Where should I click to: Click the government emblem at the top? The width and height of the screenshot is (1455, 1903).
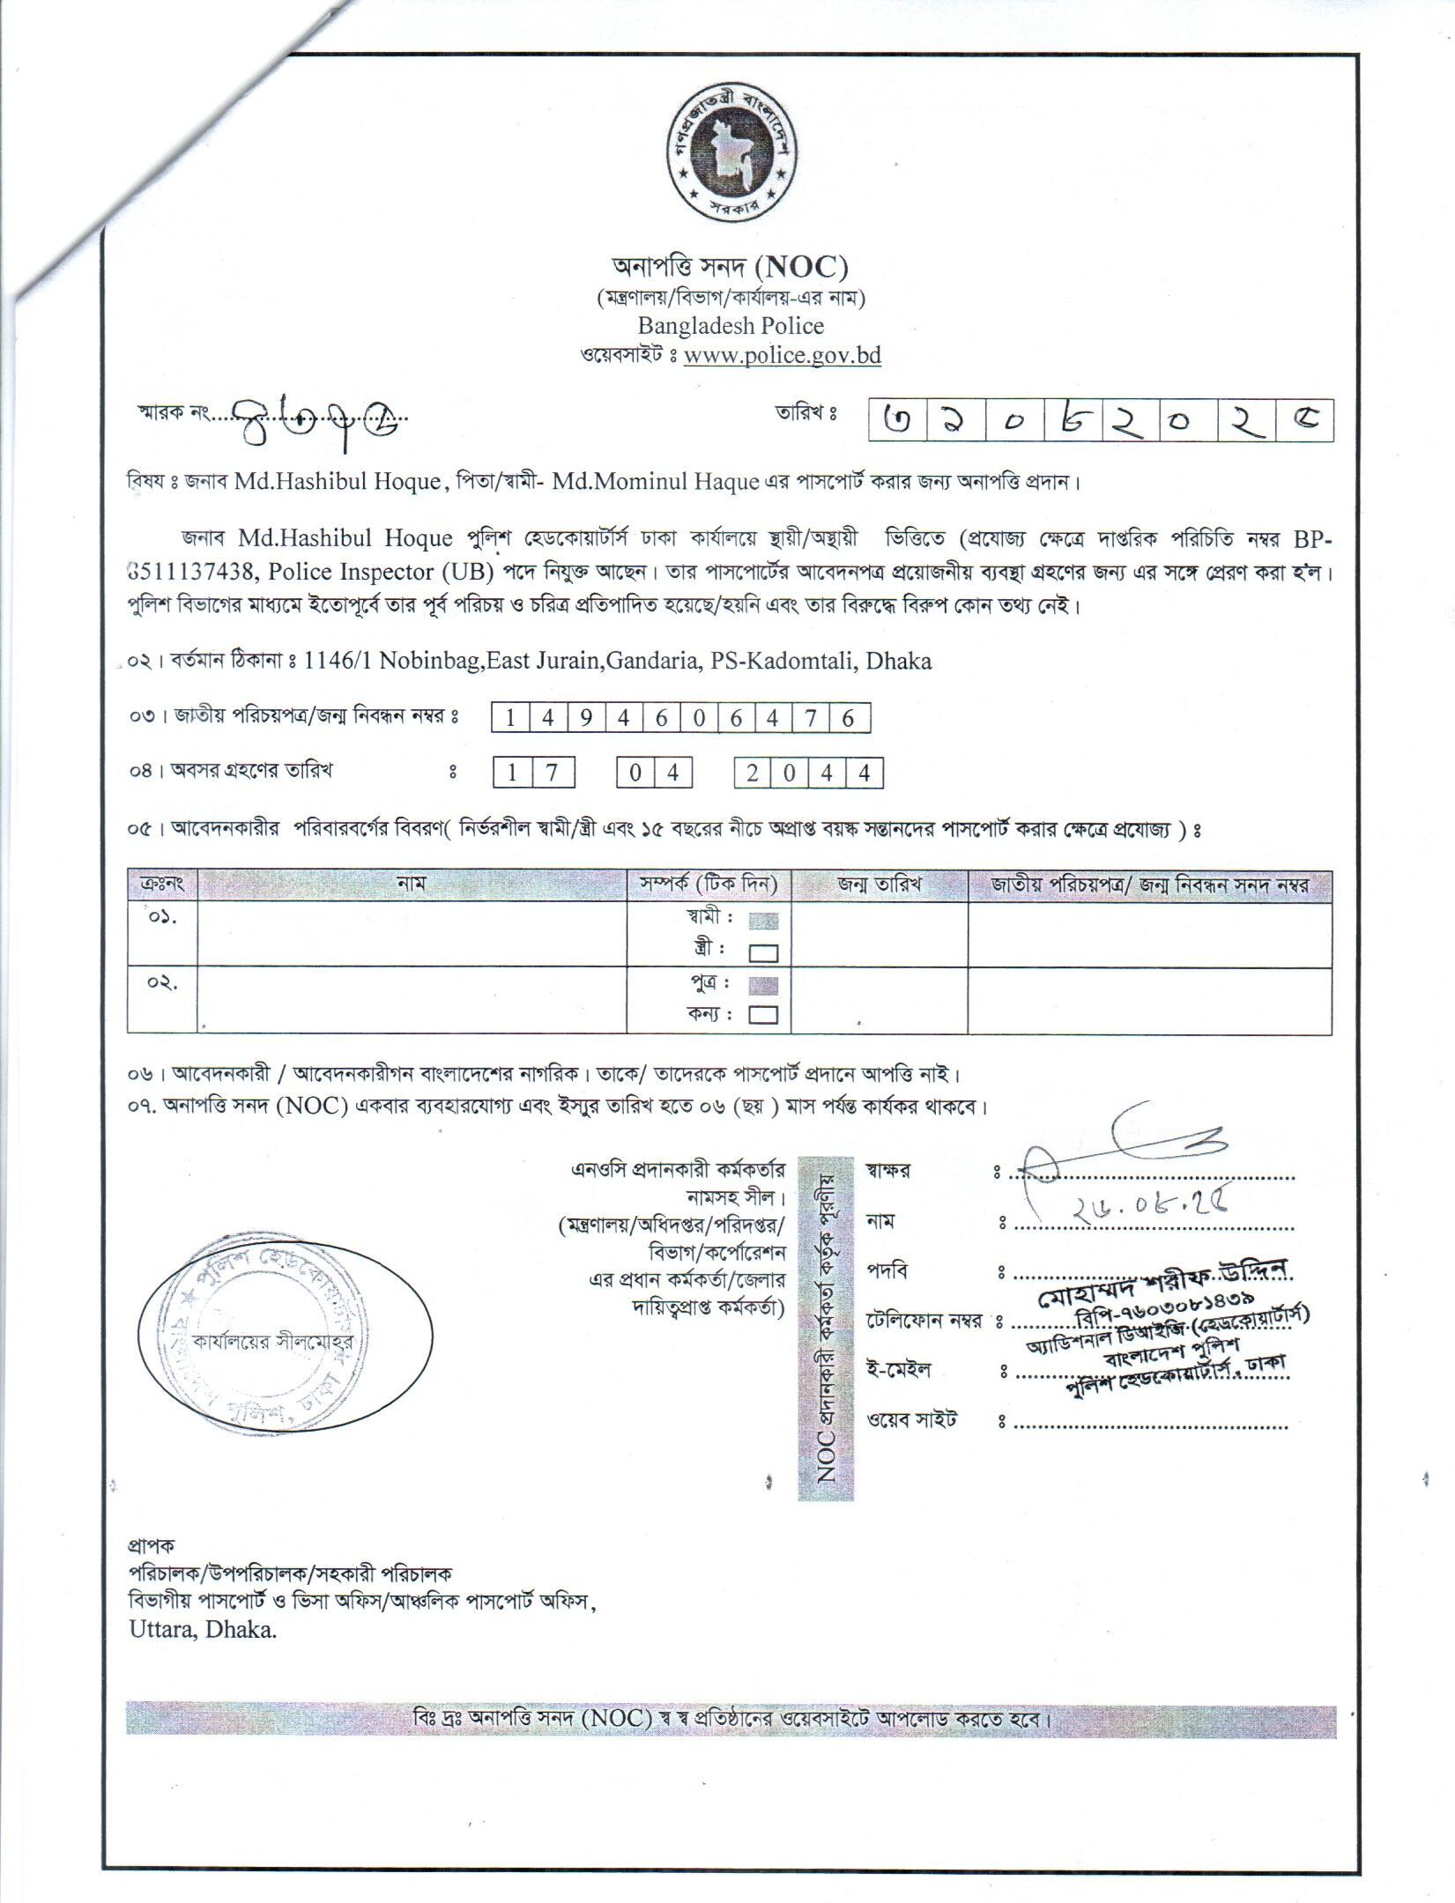click(x=731, y=157)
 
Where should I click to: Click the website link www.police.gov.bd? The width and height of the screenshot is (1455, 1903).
click(x=782, y=356)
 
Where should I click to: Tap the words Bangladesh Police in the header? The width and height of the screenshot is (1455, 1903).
click(x=731, y=326)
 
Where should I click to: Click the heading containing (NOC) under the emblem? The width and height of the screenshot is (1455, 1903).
click(x=730, y=265)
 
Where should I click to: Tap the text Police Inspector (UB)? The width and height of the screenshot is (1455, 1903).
click(x=379, y=572)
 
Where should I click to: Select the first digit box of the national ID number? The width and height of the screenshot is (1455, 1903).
click(x=509, y=718)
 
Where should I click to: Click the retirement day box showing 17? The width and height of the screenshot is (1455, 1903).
click(x=534, y=774)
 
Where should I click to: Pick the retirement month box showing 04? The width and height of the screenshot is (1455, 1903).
click(x=653, y=774)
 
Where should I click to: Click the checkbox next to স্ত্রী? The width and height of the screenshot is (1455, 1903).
click(x=763, y=952)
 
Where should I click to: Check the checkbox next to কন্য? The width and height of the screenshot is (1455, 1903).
click(x=763, y=1015)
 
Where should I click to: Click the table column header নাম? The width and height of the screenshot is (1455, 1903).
click(x=411, y=884)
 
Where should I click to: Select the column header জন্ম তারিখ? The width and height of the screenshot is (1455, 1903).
click(x=879, y=884)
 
